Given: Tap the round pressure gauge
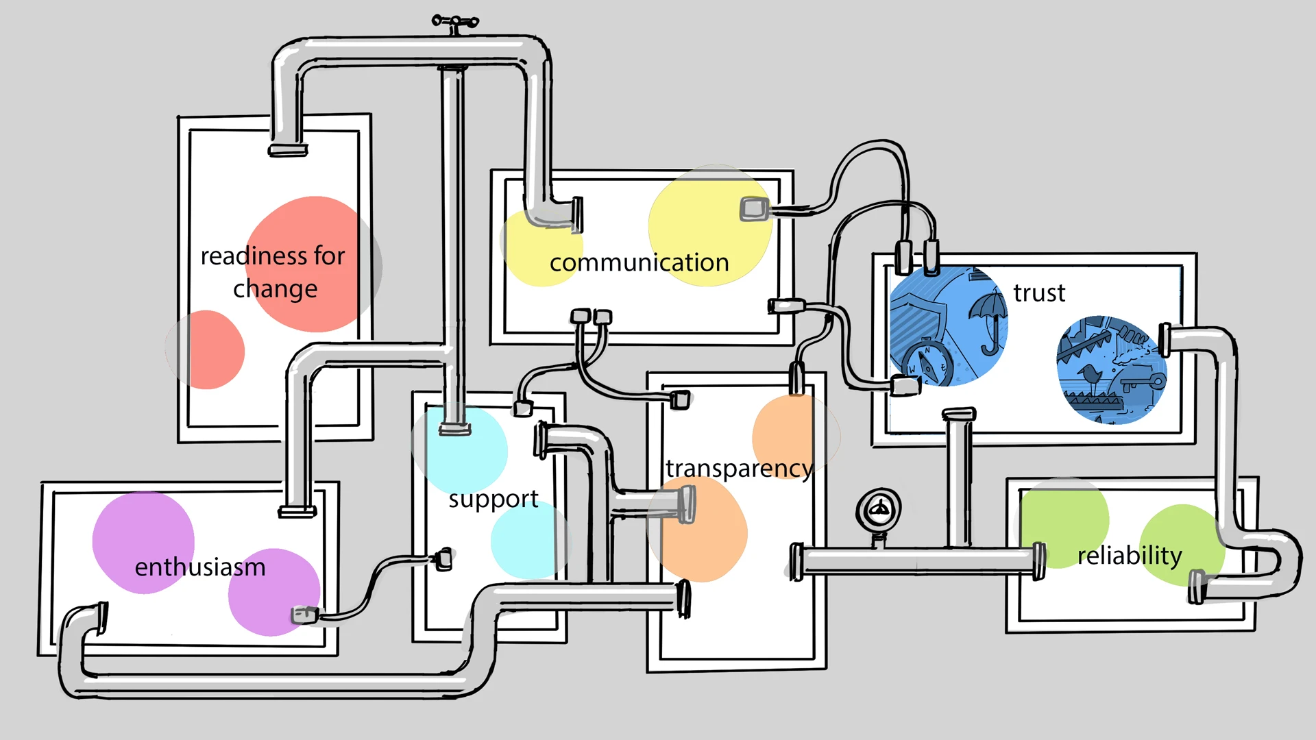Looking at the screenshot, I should tap(879, 510).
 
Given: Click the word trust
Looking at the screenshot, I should tap(1039, 293).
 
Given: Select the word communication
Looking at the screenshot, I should tap(639, 263).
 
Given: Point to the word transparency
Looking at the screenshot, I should tap(739, 469).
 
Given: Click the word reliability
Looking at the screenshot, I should tap(1130, 556).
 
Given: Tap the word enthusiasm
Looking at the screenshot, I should tap(199, 567).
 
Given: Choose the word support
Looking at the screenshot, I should tap(493, 499).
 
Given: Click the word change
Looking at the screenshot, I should tap(275, 290).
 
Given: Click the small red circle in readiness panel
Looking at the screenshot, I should tap(207, 349).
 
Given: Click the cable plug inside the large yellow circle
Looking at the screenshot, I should tap(754, 208).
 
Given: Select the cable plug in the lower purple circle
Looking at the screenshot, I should tap(304, 615).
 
